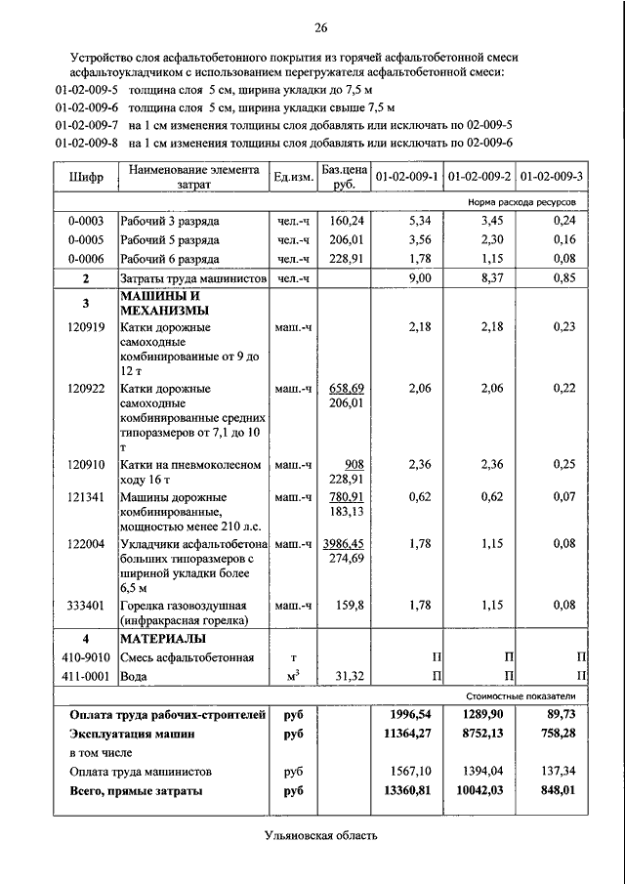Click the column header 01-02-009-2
pos(479,177)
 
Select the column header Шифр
pos(85,178)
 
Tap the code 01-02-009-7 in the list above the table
pos(87,125)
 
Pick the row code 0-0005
pos(87,239)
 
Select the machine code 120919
pos(86,327)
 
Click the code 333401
pos(86,605)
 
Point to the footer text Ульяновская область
pos(319,835)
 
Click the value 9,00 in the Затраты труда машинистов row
pos(419,279)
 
